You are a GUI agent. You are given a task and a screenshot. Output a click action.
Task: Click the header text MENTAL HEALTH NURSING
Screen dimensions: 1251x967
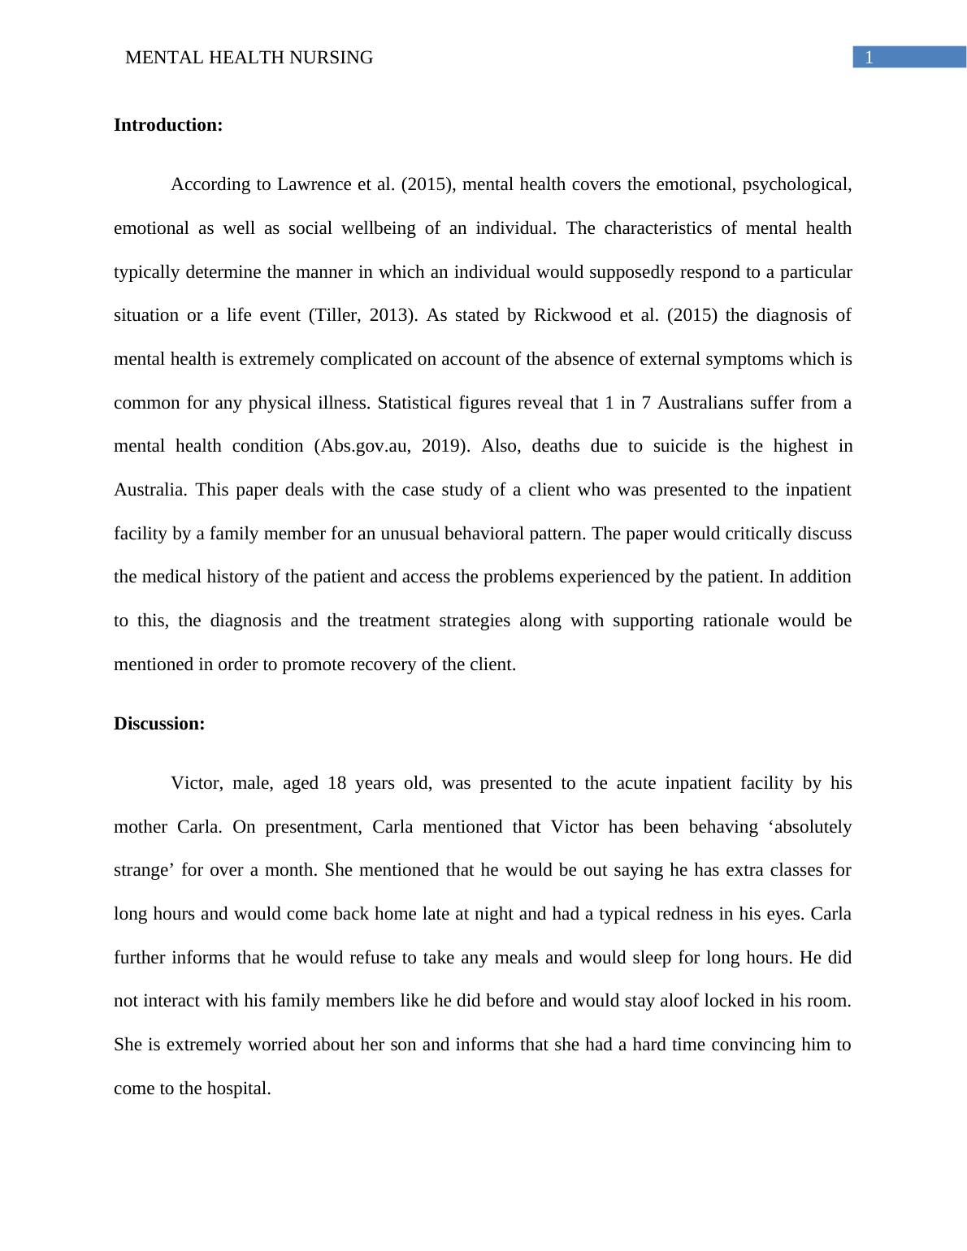click(249, 58)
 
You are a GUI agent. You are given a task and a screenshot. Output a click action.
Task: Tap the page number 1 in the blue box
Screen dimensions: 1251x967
click(869, 58)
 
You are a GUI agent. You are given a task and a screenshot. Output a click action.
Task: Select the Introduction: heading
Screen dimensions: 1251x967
click(168, 125)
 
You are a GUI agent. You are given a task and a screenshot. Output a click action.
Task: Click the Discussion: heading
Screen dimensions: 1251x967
click(159, 724)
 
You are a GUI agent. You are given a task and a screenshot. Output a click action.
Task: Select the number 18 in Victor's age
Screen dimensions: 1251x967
click(337, 783)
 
